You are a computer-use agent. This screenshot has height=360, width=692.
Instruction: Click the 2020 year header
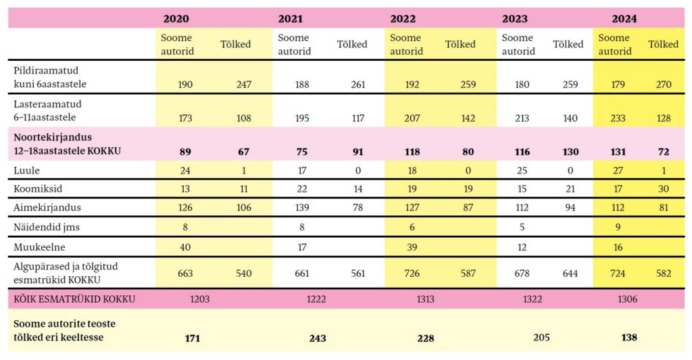(x=176, y=19)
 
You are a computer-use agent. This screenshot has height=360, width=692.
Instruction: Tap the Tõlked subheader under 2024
(x=662, y=45)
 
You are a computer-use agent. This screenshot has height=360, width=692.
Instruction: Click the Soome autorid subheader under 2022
(x=405, y=45)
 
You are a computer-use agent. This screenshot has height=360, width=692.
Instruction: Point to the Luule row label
(x=26, y=171)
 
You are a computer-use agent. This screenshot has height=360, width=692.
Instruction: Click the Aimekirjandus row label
(x=43, y=208)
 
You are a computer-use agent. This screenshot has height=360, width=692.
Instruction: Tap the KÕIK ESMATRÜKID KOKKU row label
(x=74, y=299)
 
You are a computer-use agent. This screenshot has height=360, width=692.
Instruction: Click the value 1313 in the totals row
(x=424, y=299)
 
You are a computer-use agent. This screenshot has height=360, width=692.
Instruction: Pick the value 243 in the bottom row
(x=317, y=338)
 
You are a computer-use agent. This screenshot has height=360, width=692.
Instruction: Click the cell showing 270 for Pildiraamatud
(x=662, y=84)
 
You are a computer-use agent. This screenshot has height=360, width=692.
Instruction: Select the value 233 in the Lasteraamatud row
(x=614, y=118)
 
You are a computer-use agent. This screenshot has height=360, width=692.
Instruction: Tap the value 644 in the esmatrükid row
(x=570, y=274)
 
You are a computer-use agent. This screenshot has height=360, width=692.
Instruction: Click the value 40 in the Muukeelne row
(x=185, y=247)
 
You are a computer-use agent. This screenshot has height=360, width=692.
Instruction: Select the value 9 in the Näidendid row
(x=618, y=228)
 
